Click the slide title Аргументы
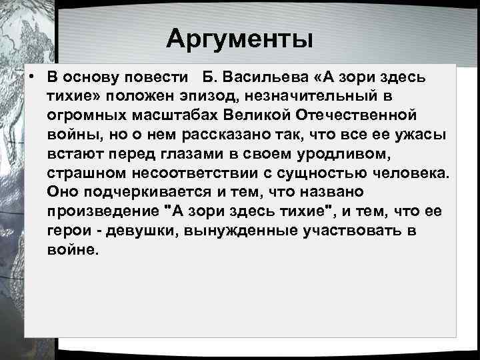coord(239,39)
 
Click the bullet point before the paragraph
coord(31,77)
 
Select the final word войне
coord(73,251)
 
